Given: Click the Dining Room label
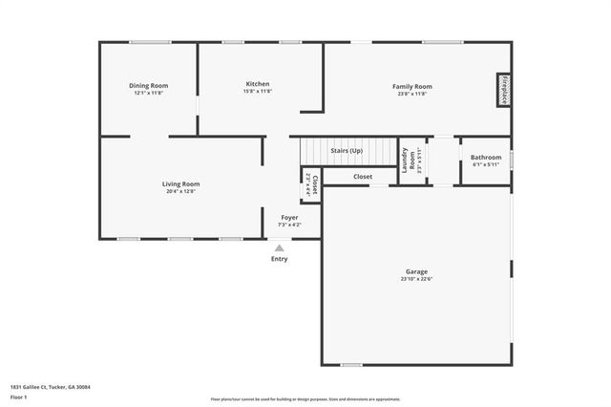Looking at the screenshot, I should tap(148, 86).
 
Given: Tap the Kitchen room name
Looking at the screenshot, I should tap(258, 84).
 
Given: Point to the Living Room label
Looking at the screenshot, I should tap(180, 183).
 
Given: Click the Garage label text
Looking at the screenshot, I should tap(416, 271).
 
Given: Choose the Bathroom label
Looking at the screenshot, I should tap(486, 157).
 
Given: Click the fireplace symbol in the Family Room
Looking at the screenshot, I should tap(502, 90).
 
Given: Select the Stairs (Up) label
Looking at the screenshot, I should tap(347, 151).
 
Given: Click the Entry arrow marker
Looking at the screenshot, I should tap(279, 247).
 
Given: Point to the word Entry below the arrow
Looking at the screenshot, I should tap(279, 259).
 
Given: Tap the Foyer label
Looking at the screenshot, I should tap(288, 217).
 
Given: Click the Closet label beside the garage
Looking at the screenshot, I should tap(363, 177).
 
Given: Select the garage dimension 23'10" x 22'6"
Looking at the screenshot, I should tap(416, 279).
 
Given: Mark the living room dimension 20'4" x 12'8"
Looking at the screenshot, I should tap(180, 191).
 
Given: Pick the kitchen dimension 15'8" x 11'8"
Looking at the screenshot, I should tap(258, 92).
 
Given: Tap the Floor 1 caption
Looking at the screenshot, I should tap(18, 396).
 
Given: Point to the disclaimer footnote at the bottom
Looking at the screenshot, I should tap(305, 398).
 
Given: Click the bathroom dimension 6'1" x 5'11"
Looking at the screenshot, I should tap(486, 164).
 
